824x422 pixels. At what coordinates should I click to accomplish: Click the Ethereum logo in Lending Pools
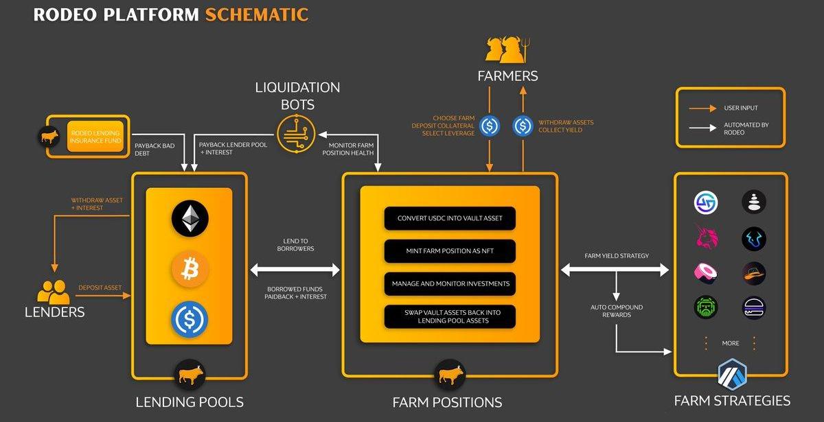tap(189, 218)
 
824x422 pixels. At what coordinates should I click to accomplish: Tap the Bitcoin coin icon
tap(189, 269)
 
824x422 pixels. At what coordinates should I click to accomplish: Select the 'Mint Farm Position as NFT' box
tap(450, 251)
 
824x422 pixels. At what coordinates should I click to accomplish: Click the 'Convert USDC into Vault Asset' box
tap(450, 218)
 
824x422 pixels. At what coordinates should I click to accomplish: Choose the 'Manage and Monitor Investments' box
tap(450, 283)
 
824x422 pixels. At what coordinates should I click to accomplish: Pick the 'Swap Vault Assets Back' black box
tap(450, 316)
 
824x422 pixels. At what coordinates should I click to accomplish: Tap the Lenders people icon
tap(53, 292)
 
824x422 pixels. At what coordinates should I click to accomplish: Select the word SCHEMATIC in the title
tap(256, 14)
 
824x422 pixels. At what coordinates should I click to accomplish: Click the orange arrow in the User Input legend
tap(702, 108)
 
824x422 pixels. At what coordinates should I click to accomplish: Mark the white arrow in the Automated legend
tap(702, 128)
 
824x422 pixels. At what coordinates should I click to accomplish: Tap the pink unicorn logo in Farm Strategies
tap(705, 237)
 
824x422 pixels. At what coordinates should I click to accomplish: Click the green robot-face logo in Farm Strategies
tap(705, 307)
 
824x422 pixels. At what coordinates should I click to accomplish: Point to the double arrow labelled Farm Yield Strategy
tap(615, 270)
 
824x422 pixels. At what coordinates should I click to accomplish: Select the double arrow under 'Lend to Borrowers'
tap(295, 270)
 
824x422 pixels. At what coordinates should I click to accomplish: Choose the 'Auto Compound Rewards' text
tap(617, 311)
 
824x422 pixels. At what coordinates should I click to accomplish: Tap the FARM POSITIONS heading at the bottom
tap(447, 403)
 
